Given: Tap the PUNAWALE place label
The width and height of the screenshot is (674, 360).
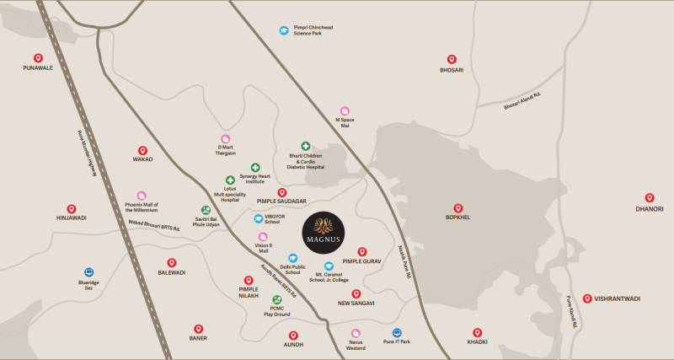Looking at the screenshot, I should coord(38,67).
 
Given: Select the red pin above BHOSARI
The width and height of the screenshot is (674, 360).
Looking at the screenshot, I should coord(451,60).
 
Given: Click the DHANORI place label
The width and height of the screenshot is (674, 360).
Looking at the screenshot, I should coord(650,208).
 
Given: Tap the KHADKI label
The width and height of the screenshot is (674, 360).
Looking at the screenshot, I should coord(477,341).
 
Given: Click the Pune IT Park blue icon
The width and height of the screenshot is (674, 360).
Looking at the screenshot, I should coord(397,333).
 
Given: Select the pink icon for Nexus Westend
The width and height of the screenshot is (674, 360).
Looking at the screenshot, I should coord(356,333).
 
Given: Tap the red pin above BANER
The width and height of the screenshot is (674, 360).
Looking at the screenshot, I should coord(198,329).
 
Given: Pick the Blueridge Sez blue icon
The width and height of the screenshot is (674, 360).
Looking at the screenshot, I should coord(88,272).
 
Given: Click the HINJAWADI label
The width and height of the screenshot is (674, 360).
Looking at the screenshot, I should coord(71,218).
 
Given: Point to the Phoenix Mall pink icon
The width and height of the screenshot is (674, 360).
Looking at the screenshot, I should coord(142,196).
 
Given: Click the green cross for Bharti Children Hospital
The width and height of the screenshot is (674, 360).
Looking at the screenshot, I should coord(306,146).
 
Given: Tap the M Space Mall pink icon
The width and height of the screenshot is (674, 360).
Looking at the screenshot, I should coord(345,111).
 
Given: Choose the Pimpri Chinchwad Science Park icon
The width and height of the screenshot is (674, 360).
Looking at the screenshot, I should coord(284,30).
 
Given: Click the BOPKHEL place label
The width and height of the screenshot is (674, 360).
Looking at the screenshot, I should coord(457,217).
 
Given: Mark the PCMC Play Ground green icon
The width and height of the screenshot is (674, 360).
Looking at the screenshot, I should coord(276,300).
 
